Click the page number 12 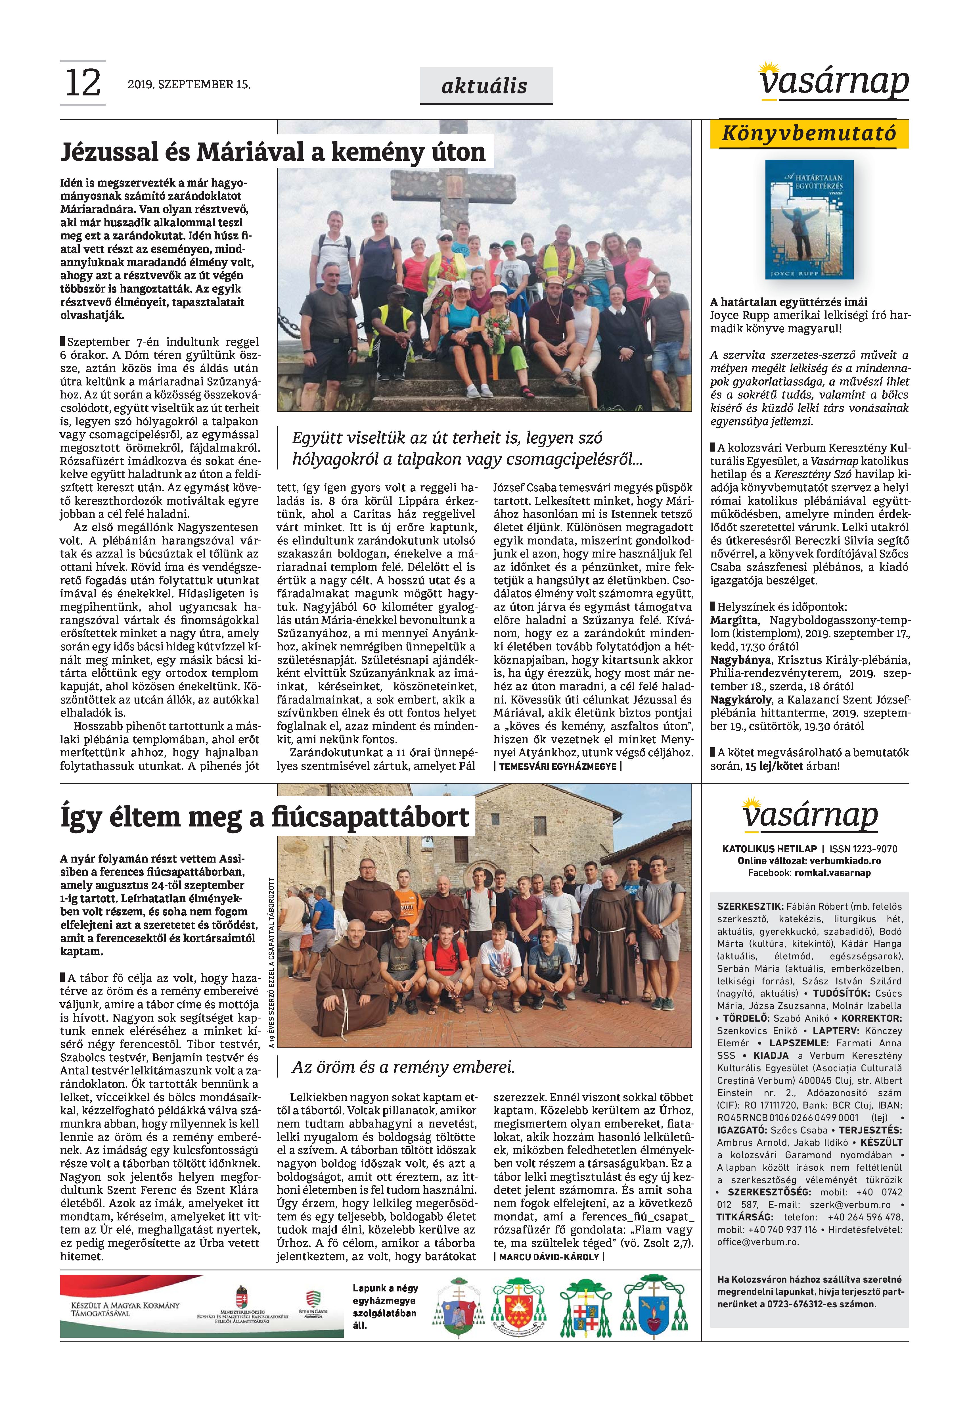(x=83, y=83)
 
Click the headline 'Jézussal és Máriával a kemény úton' (x=273, y=152)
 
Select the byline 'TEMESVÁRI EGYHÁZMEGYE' (x=557, y=767)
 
